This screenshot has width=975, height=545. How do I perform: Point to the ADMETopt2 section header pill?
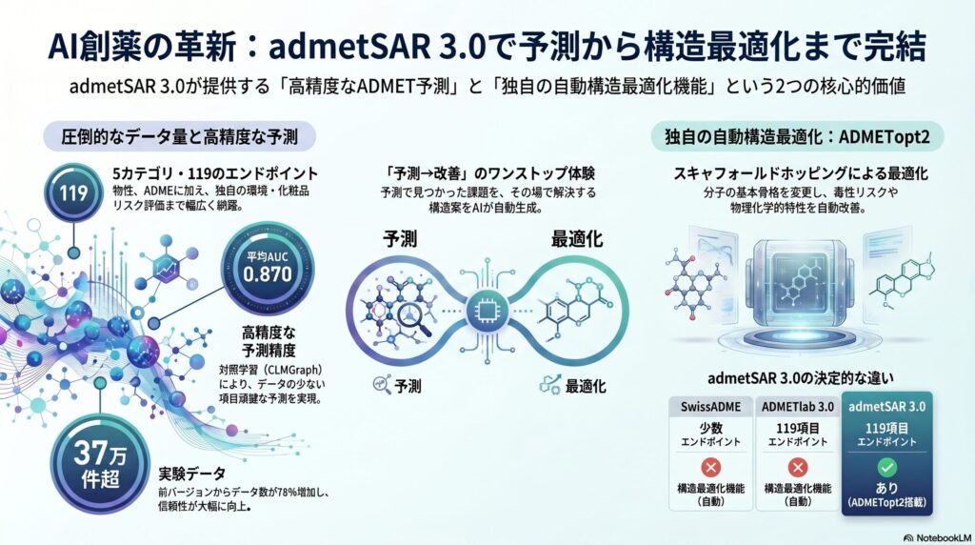point(796,137)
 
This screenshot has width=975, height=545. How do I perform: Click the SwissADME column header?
point(711,406)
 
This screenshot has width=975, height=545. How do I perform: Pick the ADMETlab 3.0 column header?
point(798,406)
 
